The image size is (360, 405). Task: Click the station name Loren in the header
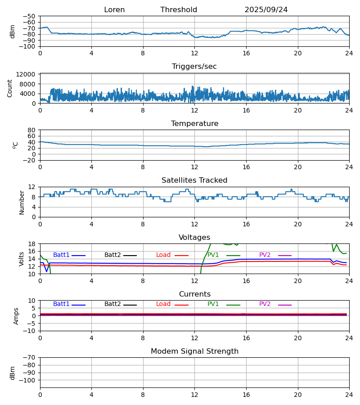click(x=114, y=10)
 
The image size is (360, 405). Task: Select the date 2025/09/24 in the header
click(x=266, y=10)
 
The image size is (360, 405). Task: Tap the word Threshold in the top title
click(x=179, y=10)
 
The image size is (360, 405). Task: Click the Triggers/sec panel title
click(x=194, y=67)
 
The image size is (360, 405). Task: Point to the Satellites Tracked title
click(x=194, y=180)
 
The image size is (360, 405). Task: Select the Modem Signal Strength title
click(x=194, y=351)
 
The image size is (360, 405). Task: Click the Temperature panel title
click(x=194, y=124)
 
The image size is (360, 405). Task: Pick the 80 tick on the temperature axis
click(x=31, y=130)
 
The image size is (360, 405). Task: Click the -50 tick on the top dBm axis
click(x=30, y=16)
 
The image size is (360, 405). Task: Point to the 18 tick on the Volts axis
click(x=32, y=244)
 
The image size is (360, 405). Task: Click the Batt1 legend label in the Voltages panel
click(x=61, y=255)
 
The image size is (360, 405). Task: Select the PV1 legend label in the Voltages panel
click(x=213, y=255)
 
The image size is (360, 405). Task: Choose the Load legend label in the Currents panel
click(x=163, y=304)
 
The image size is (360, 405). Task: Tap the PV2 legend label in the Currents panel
click(x=265, y=304)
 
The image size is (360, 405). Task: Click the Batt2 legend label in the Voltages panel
click(x=112, y=255)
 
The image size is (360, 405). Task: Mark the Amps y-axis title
click(x=16, y=316)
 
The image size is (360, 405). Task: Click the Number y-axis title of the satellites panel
click(x=22, y=202)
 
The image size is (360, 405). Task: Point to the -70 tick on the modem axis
click(x=30, y=358)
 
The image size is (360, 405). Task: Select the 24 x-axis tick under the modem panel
click(x=349, y=395)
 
